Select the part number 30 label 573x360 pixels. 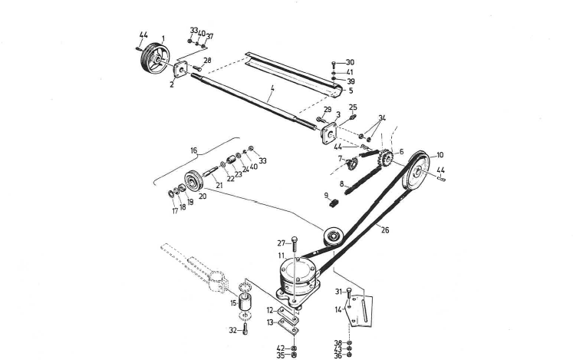tap(350, 62)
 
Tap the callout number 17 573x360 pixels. tap(174, 210)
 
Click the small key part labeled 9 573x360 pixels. tap(334, 203)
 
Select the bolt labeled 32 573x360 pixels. tap(245, 329)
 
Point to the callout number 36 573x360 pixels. tap(338, 355)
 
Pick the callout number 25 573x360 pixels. tap(353, 107)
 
